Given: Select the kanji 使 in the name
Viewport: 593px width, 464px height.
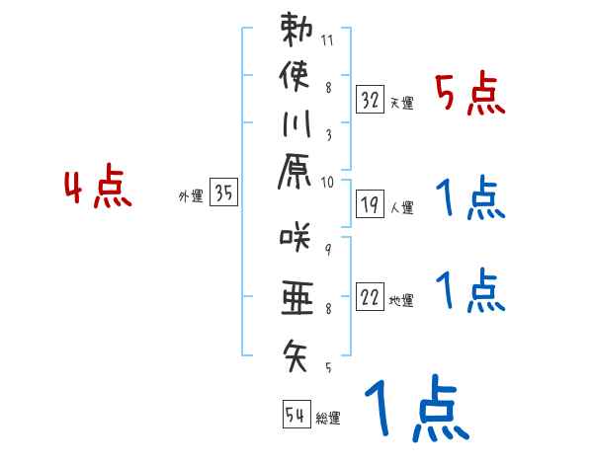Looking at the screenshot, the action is pos(296,77).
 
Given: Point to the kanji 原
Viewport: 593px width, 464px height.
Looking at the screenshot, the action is pos(296,175).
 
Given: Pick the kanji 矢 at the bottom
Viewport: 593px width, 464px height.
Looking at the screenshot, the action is pos(296,352).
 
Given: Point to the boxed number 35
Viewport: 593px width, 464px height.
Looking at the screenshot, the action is pos(224,194).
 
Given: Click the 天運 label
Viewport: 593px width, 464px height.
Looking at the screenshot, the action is pos(401,103).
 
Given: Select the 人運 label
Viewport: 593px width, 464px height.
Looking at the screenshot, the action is pos(401,207).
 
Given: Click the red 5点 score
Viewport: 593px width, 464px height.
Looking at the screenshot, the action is pos(470,96).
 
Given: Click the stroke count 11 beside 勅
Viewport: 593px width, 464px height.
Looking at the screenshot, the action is pos(328,40).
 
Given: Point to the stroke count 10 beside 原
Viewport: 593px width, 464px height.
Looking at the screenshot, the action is pos(328,182).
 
